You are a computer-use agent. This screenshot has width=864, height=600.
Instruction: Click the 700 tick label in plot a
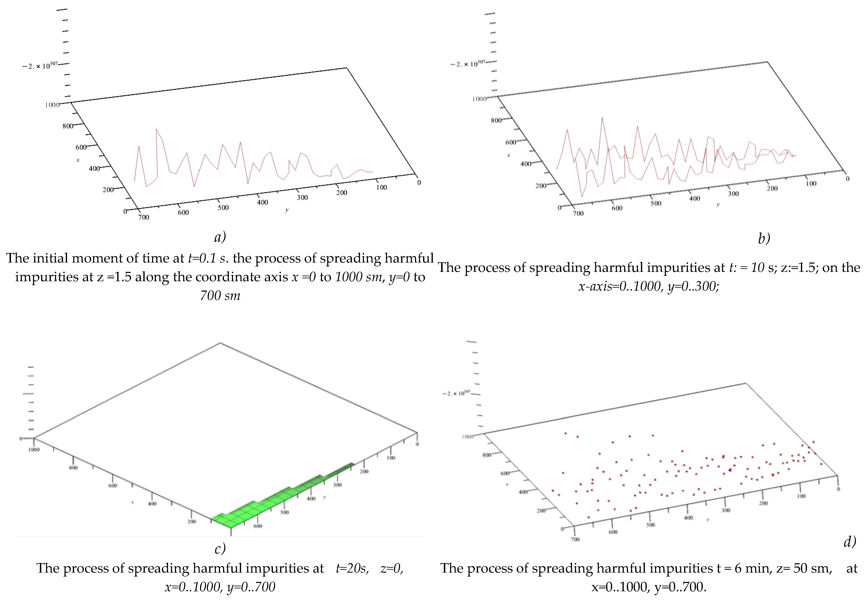coord(144,217)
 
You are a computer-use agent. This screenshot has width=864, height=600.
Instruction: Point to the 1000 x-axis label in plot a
coord(53,105)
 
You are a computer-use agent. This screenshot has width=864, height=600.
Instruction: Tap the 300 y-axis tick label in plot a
coord(302,197)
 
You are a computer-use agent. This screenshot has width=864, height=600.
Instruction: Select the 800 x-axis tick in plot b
coord(496,120)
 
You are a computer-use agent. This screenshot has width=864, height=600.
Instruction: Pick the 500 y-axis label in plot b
coord(656,203)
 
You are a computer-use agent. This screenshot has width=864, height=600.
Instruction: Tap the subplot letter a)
coord(220,237)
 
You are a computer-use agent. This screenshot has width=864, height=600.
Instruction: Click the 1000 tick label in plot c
coord(34,450)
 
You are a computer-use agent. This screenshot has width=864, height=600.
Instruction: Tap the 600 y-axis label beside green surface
coord(258,526)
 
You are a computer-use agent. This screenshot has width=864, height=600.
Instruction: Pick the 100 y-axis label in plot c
coord(391,458)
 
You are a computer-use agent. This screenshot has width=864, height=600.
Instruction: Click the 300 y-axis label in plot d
coord(726,510)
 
